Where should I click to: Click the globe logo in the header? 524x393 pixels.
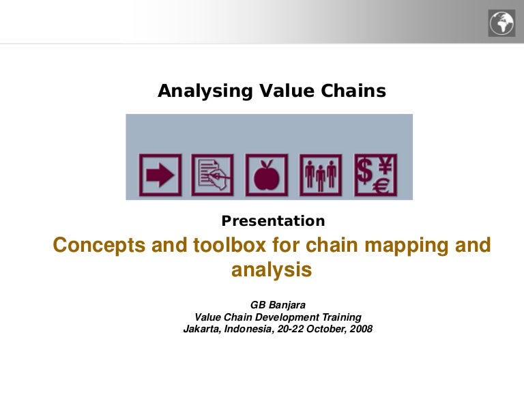[501, 23]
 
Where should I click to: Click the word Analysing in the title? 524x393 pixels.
[205, 91]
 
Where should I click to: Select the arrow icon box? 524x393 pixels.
[160, 175]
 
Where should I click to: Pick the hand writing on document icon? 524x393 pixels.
[213, 175]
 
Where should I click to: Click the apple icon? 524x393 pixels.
[266, 175]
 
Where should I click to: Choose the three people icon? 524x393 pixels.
[321, 175]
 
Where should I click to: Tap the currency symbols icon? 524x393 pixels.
[375, 175]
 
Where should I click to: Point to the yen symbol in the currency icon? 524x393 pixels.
[385, 165]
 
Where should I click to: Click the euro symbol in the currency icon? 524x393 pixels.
[381, 186]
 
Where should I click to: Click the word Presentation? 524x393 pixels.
[273, 221]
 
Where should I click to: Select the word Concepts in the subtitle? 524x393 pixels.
[99, 246]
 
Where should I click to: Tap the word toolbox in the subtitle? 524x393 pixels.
[229, 245]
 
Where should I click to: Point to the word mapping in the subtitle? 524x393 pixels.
[406, 246]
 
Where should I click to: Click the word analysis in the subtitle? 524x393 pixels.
[272, 270]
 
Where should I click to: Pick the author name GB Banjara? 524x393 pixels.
[278, 305]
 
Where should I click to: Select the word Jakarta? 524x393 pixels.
[202, 329]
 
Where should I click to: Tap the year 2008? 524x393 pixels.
[361, 329]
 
